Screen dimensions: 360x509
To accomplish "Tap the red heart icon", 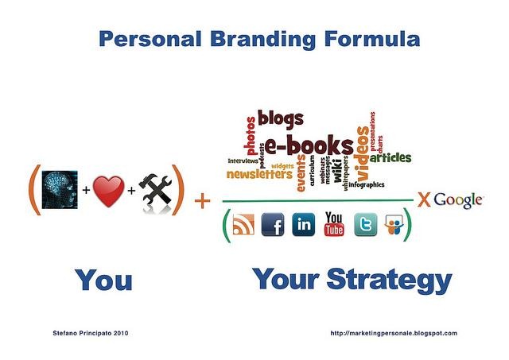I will (108, 192).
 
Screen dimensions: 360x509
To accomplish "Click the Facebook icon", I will (273, 225).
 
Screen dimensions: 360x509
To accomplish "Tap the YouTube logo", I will (334, 225).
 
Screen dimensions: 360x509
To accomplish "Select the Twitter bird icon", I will (365, 225).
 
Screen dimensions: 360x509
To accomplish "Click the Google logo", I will (458, 199).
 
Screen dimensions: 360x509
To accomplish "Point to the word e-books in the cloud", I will (309, 146).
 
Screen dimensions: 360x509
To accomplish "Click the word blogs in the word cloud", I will (281, 119).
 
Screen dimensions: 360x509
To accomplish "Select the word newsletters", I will (259, 173).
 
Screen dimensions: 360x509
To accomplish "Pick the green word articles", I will (390, 157).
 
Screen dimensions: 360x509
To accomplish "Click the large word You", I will (103, 281).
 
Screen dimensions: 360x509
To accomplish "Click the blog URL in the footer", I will (393, 333).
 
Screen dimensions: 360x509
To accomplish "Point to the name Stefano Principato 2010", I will (89, 333).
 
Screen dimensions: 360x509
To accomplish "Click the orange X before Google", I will (424, 199).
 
